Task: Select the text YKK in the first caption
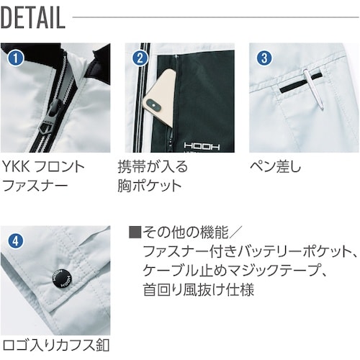click(x=17, y=167)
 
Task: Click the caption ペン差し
click(x=276, y=167)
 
